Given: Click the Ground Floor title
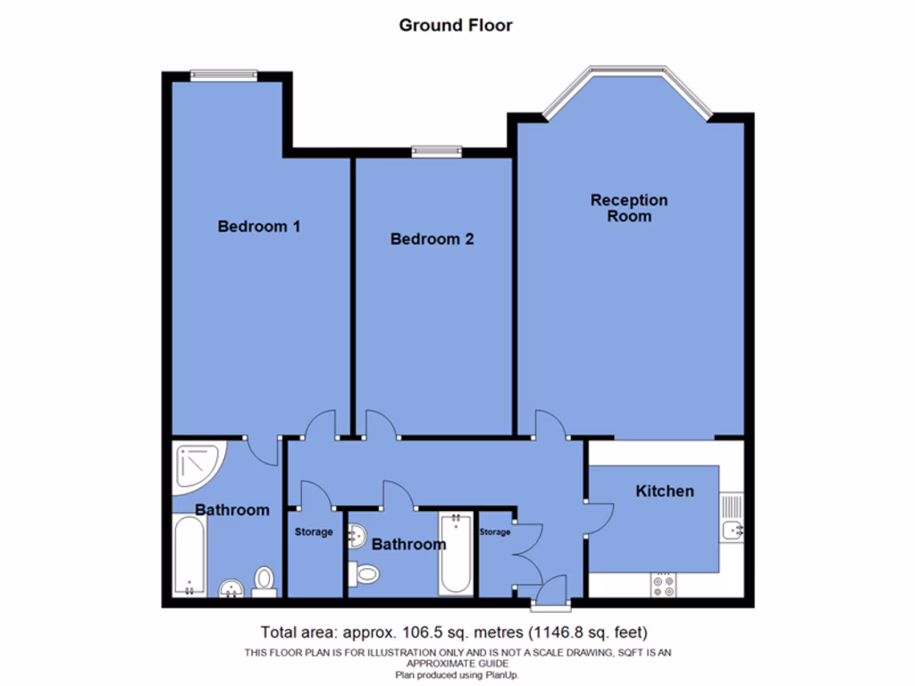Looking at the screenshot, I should [x=456, y=25].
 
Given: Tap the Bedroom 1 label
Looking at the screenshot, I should [x=258, y=227].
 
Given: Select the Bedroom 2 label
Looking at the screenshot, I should [x=432, y=239].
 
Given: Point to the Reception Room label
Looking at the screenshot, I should [x=629, y=208].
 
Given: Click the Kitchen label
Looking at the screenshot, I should [x=664, y=491].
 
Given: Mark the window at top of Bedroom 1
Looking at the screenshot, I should [x=223, y=76].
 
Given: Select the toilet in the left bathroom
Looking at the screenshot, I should [x=264, y=580].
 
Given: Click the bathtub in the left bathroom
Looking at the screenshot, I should [x=189, y=556].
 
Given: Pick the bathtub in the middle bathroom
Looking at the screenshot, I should [x=456, y=553].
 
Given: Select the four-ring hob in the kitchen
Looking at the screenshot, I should [x=664, y=584].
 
